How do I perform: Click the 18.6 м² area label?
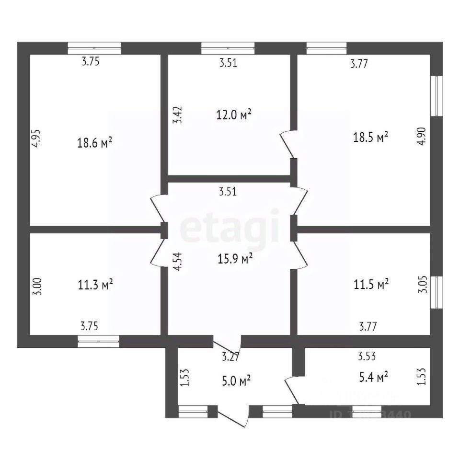(x=94, y=142)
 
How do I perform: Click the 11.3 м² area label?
(x=95, y=285)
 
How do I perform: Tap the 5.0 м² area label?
(x=233, y=381)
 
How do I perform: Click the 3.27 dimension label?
(x=230, y=357)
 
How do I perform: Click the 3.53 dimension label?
(x=368, y=356)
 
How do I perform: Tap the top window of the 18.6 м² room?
(x=94, y=48)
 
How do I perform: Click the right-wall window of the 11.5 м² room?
(x=437, y=292)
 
